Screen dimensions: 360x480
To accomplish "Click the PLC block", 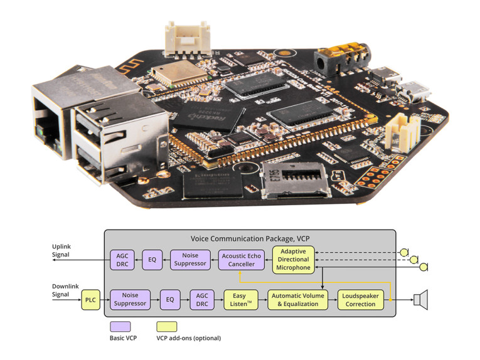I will pyautogui.click(x=90, y=300).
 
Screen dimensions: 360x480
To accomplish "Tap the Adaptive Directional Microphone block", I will pyautogui.click(x=292, y=260).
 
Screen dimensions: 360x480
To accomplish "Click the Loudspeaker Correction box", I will pyautogui.click(x=361, y=300).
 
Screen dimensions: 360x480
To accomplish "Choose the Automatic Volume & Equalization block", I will pyautogui.click(x=298, y=300).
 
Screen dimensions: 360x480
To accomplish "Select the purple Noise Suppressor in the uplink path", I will pyautogui.click(x=190, y=260).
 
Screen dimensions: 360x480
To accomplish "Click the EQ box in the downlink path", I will pyautogui.click(x=169, y=300).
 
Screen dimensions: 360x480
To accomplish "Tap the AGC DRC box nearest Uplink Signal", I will pyautogui.click(x=122, y=260).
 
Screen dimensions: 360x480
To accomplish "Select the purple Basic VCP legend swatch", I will pyautogui.click(x=120, y=326).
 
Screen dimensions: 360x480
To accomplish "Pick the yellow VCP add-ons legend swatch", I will pyautogui.click(x=166, y=326).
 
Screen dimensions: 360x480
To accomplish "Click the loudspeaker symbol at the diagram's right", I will pyautogui.click(x=420, y=300).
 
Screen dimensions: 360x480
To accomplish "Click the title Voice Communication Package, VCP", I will pyautogui.click(x=250, y=239).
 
